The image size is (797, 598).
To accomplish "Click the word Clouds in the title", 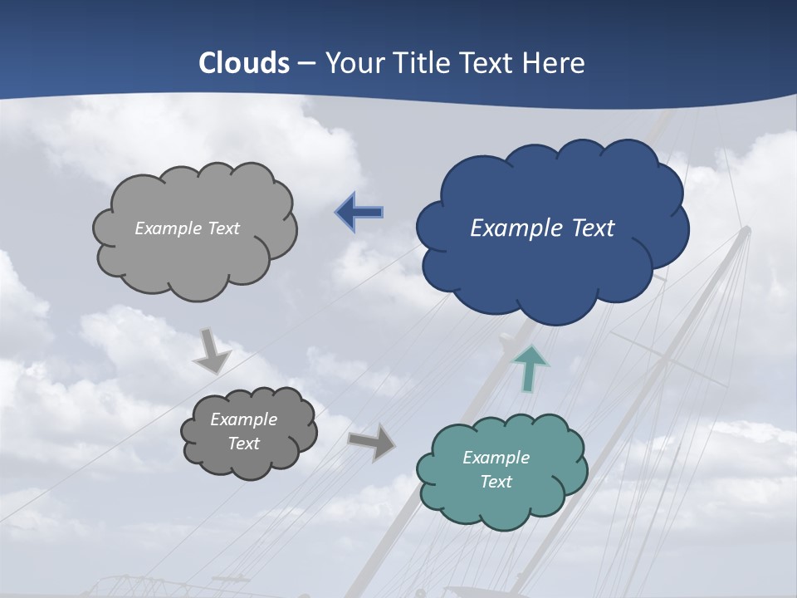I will pos(244,63).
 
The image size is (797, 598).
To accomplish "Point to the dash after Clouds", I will pos(306,64).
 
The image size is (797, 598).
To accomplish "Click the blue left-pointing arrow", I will pos(359,212).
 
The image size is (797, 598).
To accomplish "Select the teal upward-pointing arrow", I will pos(531,367).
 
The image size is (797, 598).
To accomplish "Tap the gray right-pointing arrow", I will pos(371,442).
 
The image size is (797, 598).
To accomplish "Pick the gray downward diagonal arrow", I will pos(213,351).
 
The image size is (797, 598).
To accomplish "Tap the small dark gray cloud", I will pos(248,432).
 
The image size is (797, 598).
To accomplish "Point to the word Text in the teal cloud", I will pos(496,482).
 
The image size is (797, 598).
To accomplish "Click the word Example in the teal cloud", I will pos(496,458).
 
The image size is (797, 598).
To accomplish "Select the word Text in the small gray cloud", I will pos(243,444).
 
